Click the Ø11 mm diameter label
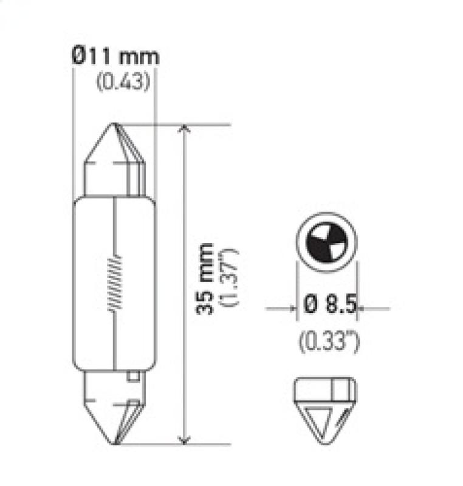coord(114,58)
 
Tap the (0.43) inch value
coord(123,81)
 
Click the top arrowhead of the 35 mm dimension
coord(187,130)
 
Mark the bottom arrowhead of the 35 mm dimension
coord(187,439)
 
